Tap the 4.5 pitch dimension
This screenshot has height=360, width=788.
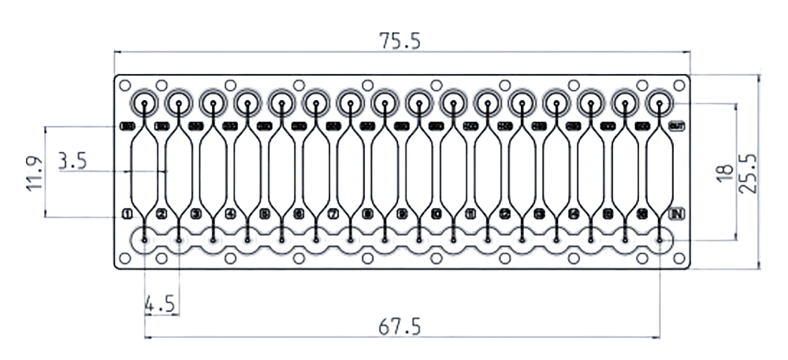tap(159, 304)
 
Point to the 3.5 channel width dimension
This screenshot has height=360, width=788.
tap(72, 162)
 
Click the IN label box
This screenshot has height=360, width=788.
tap(676, 213)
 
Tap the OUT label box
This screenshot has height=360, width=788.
tap(676, 126)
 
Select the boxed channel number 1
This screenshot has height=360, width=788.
tap(127, 213)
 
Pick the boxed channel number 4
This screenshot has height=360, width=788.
tap(230, 213)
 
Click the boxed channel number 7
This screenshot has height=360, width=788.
tap(333, 213)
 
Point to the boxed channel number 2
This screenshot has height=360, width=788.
tap(162, 213)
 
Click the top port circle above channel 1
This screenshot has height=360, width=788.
tap(145, 102)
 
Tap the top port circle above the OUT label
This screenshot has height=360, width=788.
tap(659, 102)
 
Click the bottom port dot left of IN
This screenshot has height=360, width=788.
tap(659, 239)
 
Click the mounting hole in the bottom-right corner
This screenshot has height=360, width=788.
tap(678, 258)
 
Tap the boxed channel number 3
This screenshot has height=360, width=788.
tap(195, 213)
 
